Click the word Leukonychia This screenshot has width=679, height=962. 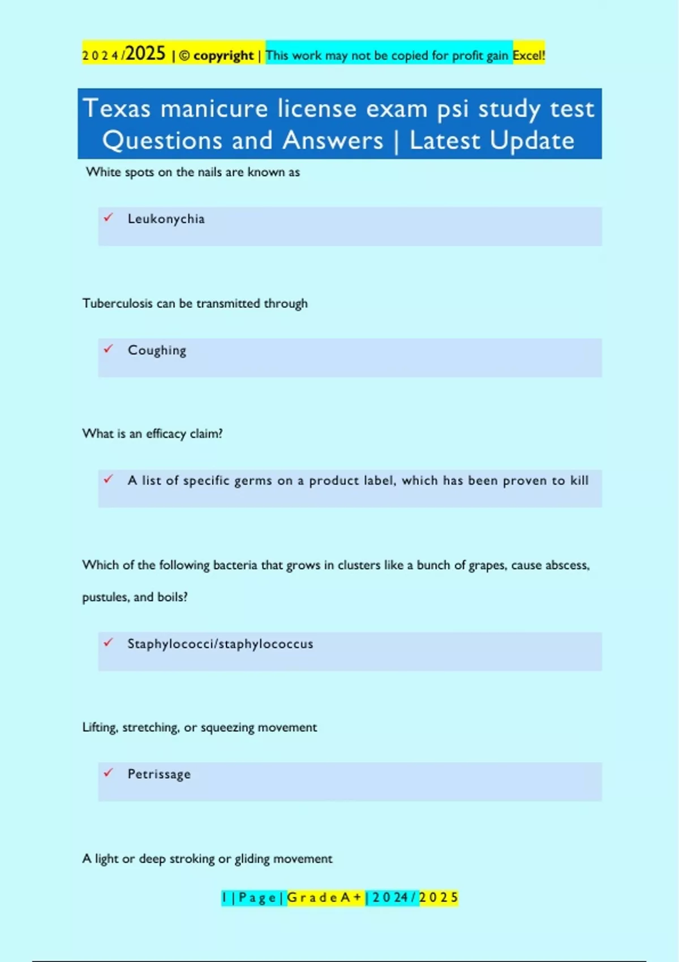(x=166, y=219)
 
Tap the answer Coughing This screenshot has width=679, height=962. (x=157, y=350)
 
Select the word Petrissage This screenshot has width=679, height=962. (x=159, y=774)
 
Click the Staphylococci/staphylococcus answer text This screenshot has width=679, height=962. (x=220, y=644)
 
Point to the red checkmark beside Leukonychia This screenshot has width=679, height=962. (x=109, y=217)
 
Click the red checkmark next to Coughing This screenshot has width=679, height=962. (x=109, y=349)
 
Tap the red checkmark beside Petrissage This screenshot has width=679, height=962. (x=109, y=772)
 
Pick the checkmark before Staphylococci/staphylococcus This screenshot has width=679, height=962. (x=109, y=642)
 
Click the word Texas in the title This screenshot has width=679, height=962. (x=117, y=108)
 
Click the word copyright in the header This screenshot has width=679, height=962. (x=224, y=55)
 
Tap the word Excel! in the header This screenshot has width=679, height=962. (x=528, y=55)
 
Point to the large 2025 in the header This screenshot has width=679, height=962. (x=145, y=54)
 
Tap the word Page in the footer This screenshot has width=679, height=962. (x=257, y=897)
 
